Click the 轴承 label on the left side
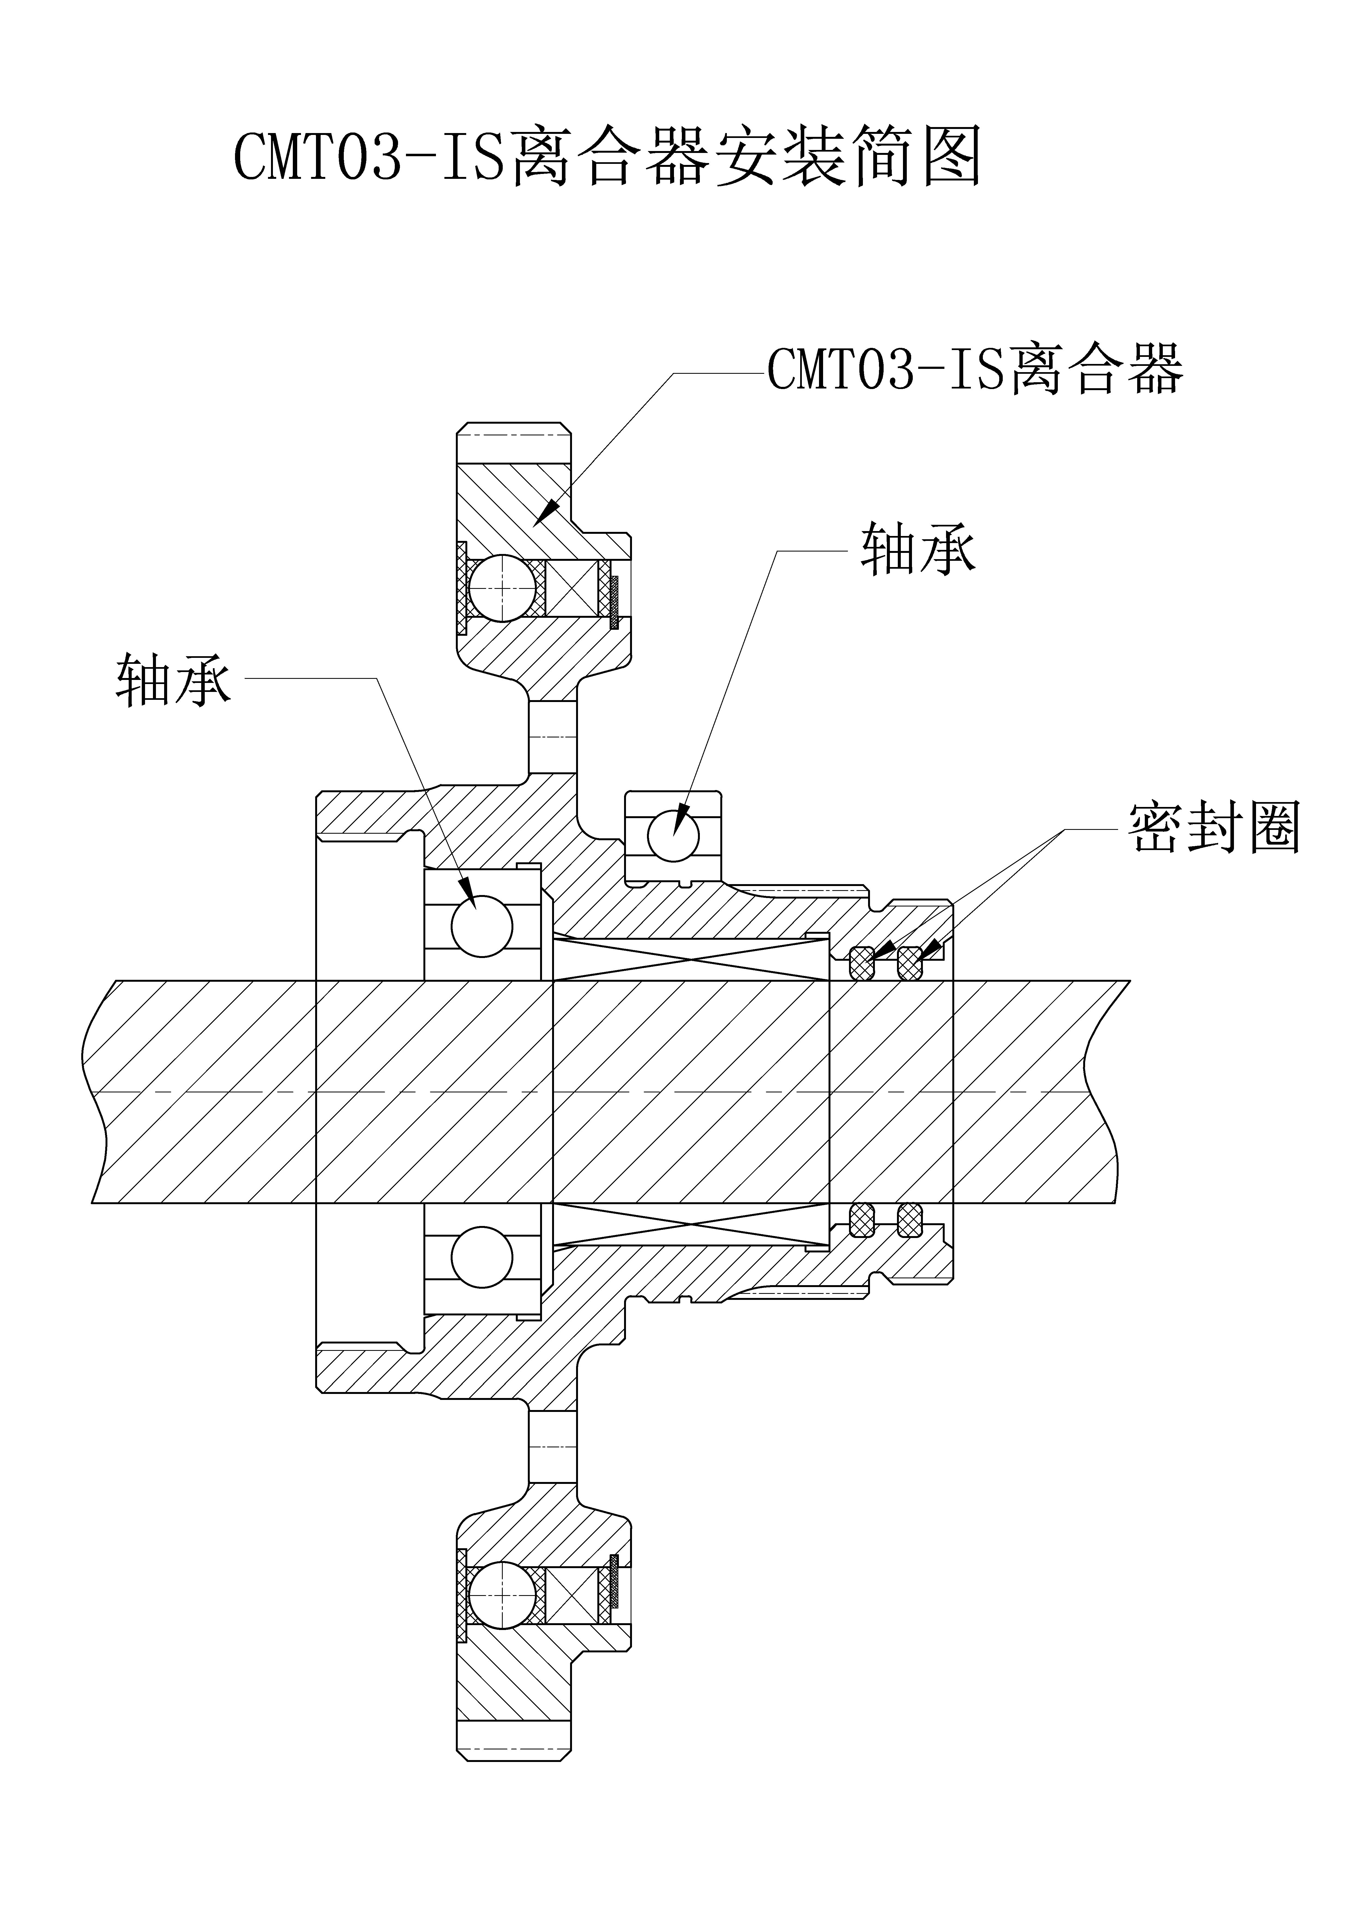173,679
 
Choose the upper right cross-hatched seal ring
911,964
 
